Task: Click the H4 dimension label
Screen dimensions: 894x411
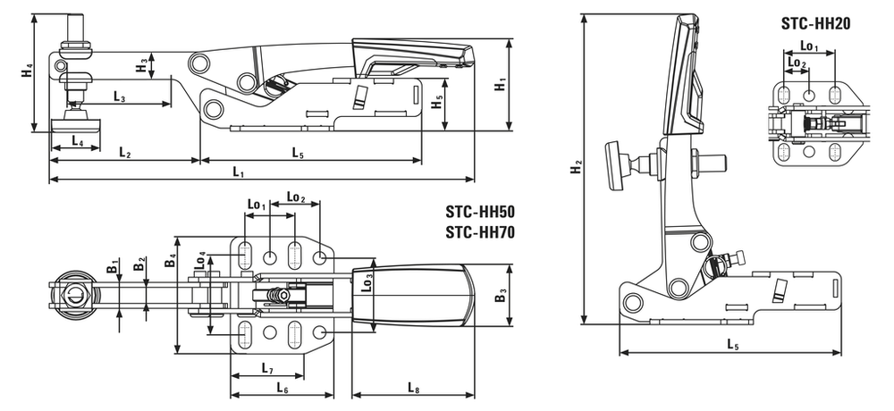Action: click(x=26, y=73)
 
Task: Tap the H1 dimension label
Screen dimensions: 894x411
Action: click(x=500, y=85)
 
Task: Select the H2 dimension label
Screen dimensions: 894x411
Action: click(x=577, y=168)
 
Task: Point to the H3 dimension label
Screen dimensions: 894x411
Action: click(x=142, y=65)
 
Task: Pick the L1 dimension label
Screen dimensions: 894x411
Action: click(x=239, y=172)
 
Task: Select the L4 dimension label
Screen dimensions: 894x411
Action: click(x=78, y=141)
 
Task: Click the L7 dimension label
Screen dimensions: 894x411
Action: click(x=267, y=368)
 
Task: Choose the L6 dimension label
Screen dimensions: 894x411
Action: click(x=283, y=388)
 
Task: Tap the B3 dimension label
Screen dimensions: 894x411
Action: click(x=500, y=298)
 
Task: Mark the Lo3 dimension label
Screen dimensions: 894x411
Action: click(x=368, y=283)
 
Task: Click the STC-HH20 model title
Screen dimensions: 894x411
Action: click(x=816, y=23)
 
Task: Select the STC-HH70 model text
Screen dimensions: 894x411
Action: click(x=480, y=232)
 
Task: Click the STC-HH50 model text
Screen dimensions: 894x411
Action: click(x=480, y=212)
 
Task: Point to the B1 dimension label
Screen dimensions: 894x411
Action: click(x=113, y=265)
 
